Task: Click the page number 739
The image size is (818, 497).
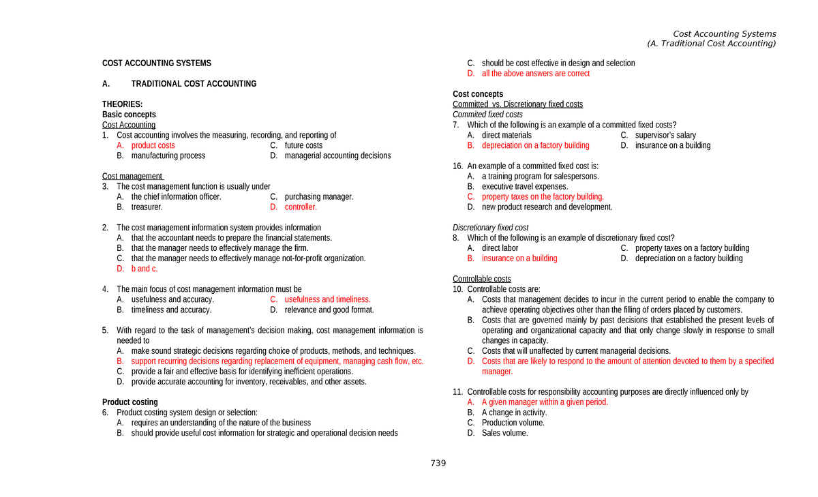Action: click(438, 464)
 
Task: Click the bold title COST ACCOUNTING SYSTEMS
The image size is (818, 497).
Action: click(157, 63)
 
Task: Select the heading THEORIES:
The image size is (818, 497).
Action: click(122, 104)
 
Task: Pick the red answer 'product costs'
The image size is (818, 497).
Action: click(153, 145)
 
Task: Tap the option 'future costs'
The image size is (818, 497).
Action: click(303, 145)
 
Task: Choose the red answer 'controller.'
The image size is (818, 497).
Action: click(301, 207)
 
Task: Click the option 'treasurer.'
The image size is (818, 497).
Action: click(147, 207)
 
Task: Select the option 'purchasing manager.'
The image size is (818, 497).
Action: click(319, 197)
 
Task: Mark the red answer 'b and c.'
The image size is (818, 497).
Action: click(145, 269)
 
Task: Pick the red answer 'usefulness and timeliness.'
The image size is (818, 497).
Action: click(327, 299)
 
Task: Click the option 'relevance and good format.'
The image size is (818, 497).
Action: click(329, 310)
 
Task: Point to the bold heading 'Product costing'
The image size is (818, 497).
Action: click(130, 402)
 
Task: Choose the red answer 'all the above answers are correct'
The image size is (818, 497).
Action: click(535, 74)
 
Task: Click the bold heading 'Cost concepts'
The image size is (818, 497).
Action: click(478, 94)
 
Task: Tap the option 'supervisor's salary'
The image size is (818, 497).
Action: click(665, 135)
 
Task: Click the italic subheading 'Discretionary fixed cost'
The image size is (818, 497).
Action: click(490, 228)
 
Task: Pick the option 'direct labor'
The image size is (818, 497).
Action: click(500, 248)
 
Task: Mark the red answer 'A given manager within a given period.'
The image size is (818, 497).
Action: click(545, 402)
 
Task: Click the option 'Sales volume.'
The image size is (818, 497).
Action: click(504, 433)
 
